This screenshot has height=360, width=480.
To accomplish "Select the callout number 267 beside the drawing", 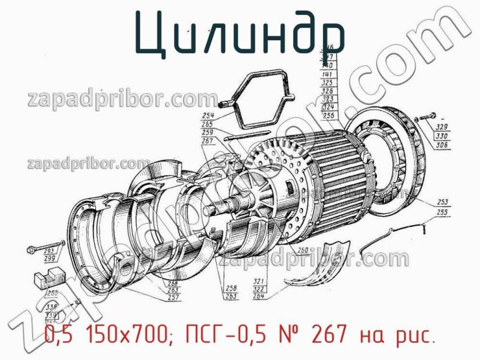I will (x=208, y=140).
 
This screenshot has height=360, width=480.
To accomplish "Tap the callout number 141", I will (x=328, y=73).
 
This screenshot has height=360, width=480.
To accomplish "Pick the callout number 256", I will (x=328, y=115).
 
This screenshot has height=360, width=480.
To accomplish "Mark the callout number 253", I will (x=443, y=202).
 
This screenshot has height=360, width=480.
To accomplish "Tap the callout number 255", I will (x=443, y=212).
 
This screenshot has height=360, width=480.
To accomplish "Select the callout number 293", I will (x=50, y=250).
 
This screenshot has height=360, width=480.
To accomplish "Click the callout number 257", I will (x=174, y=297).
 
